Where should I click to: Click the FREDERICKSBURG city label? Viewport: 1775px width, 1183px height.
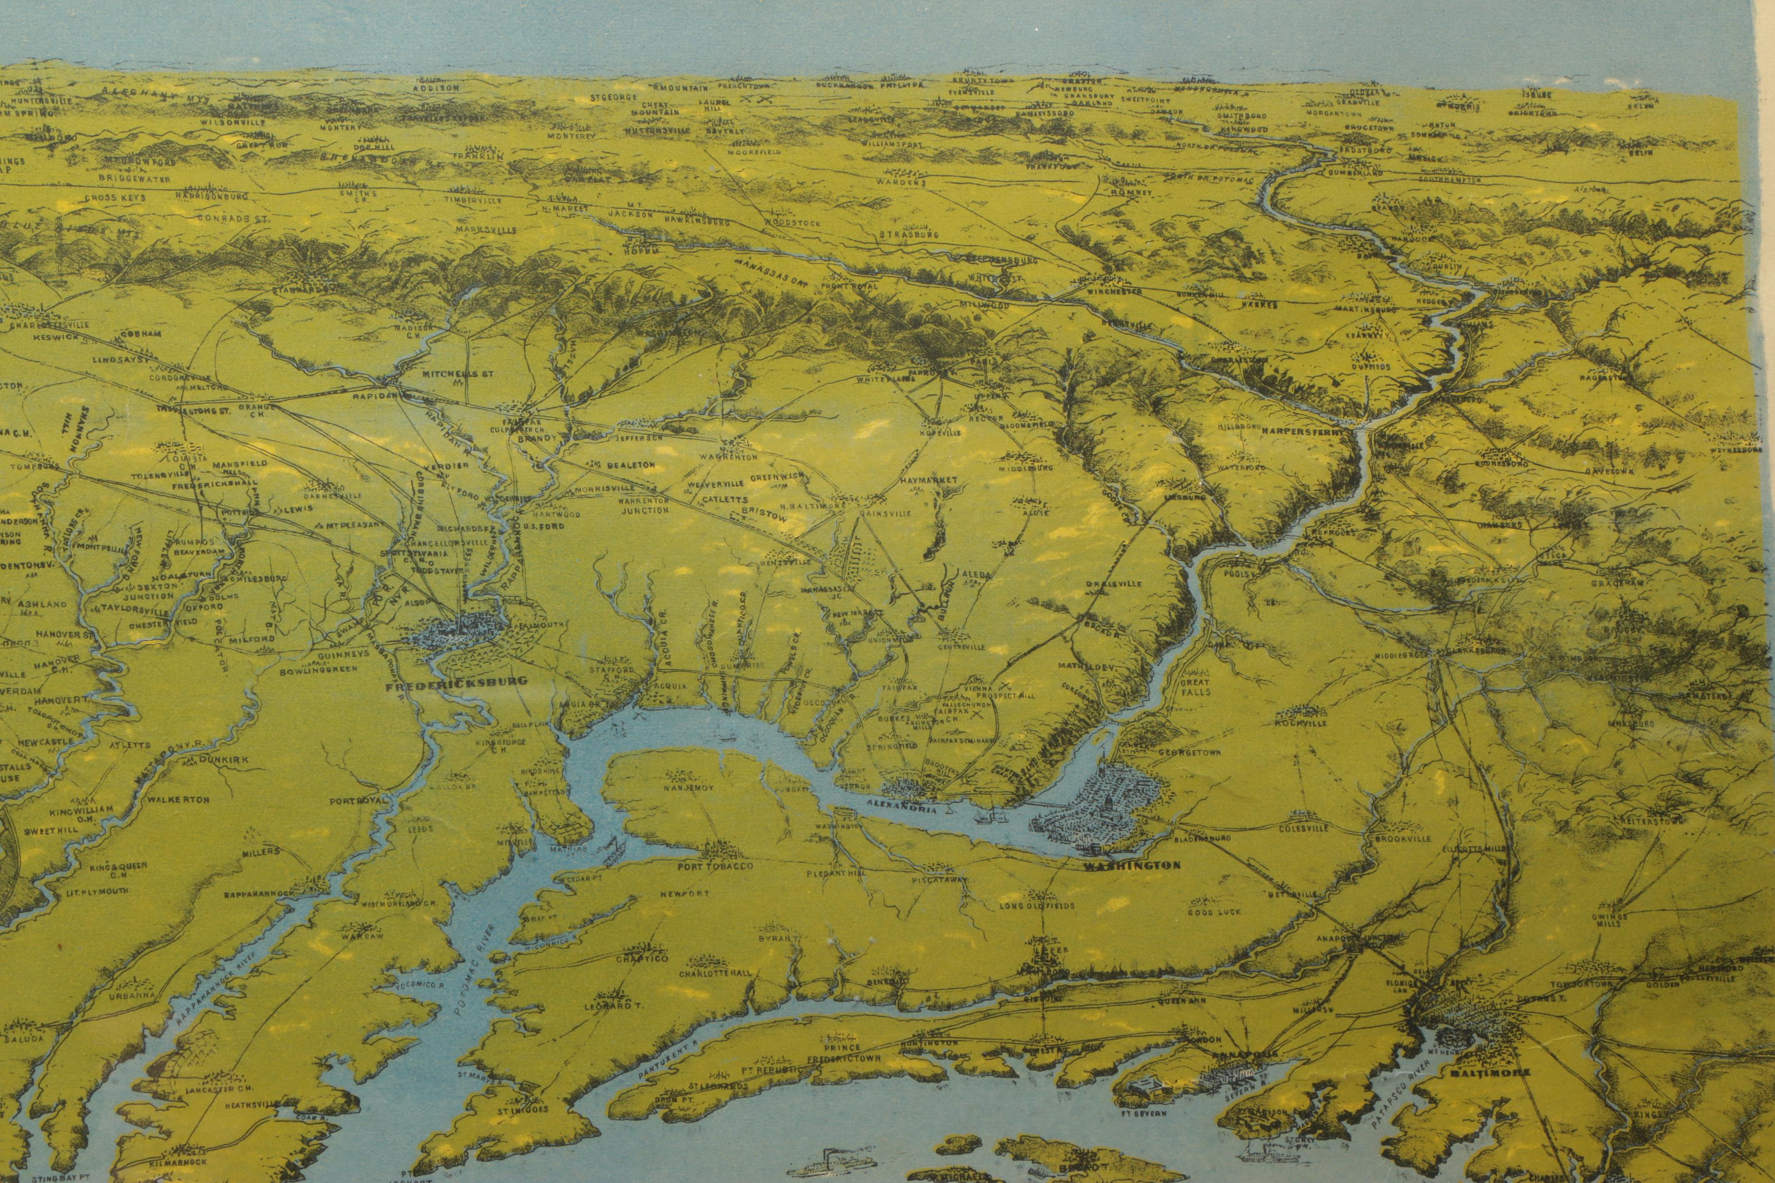pos(445,686)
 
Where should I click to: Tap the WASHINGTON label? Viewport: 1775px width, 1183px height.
pos(1132,865)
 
